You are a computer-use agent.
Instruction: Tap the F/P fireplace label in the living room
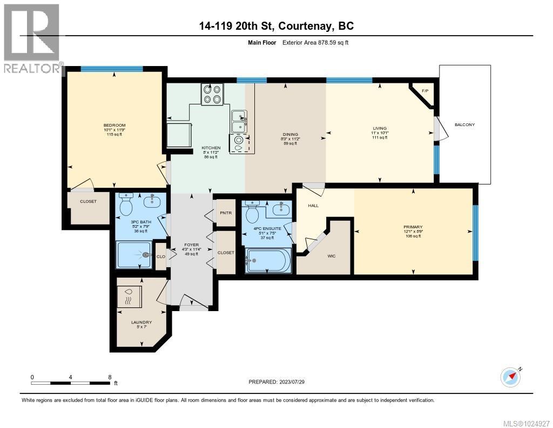point(424,91)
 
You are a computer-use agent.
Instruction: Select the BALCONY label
point(464,125)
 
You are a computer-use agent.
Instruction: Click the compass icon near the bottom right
point(510,377)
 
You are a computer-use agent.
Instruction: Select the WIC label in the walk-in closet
point(331,256)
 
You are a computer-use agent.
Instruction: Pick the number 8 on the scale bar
point(110,377)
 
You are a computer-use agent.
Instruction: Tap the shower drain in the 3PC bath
point(146,254)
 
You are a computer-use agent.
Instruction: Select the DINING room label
point(291,134)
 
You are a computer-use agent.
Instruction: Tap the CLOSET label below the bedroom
point(88,201)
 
